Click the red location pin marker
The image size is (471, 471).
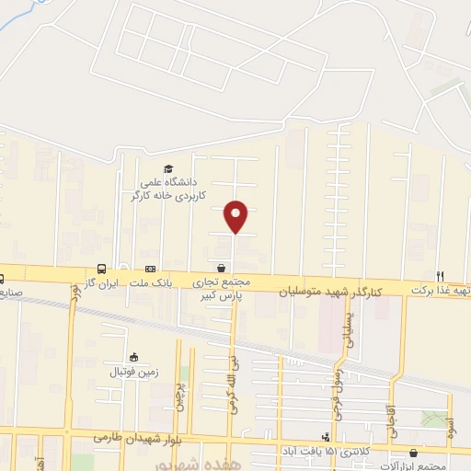pos(236,216)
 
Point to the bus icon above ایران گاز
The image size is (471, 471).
pos(101,268)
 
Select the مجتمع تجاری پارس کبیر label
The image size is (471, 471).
pos(221,291)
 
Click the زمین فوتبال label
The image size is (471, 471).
pos(135,372)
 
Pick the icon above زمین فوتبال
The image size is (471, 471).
pos(134,357)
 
